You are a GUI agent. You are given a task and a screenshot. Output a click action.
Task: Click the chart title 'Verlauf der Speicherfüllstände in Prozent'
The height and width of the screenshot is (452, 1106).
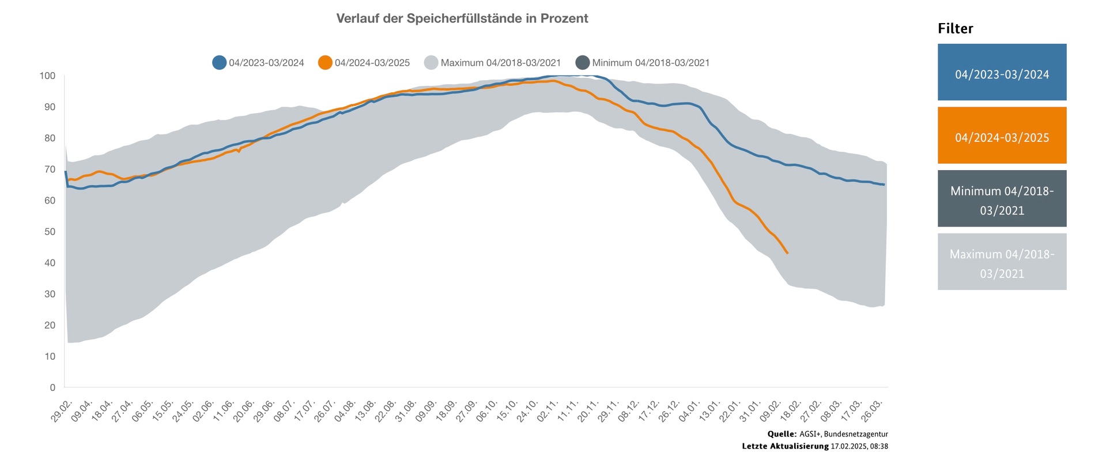tap(462, 18)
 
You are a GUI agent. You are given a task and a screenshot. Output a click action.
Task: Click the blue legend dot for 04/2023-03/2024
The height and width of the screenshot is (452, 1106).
tap(219, 63)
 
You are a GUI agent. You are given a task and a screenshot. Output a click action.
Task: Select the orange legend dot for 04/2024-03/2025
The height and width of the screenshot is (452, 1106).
tap(325, 63)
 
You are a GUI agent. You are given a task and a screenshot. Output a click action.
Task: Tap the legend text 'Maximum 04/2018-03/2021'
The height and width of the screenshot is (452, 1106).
tap(500, 63)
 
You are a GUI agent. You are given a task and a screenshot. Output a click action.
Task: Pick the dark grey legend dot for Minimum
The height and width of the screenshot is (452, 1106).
tap(583, 63)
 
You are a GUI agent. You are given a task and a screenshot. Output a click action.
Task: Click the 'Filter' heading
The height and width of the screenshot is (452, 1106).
tap(955, 29)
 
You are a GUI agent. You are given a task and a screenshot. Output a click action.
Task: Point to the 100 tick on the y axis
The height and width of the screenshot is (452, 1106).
tap(47, 76)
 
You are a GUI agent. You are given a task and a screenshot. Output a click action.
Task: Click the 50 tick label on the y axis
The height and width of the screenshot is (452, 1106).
tap(50, 232)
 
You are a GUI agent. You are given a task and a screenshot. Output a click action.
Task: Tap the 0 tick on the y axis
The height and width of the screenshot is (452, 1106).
tap(52, 387)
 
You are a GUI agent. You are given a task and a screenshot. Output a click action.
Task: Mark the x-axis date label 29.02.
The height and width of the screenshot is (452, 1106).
tap(62, 410)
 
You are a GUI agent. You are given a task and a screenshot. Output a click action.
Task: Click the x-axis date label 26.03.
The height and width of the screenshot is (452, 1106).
tap(874, 410)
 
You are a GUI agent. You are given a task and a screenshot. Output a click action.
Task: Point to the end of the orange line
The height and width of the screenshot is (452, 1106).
tap(787, 253)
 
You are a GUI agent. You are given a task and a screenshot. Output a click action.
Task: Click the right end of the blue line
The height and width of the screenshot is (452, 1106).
tap(884, 184)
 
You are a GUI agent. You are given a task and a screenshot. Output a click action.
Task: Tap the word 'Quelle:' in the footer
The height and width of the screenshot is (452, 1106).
tap(782, 434)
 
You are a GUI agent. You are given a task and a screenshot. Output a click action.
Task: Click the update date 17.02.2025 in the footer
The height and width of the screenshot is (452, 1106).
tap(848, 446)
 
